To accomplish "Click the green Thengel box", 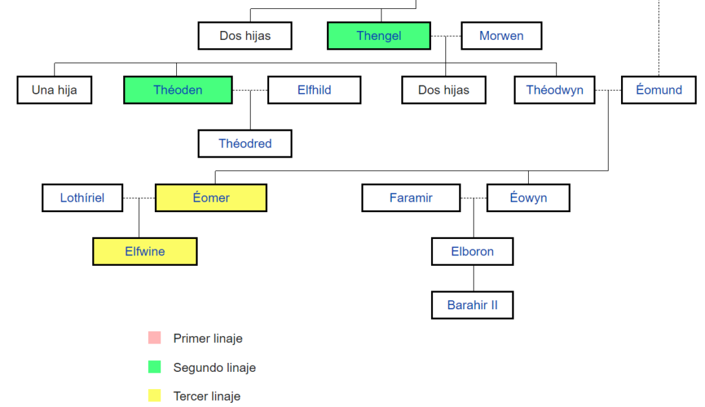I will tap(379, 36).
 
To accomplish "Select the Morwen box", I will tap(501, 36).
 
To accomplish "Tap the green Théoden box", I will tap(178, 90).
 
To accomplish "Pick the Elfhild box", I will tap(314, 90).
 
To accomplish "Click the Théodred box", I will tap(245, 143).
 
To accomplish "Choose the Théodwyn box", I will tap(554, 90).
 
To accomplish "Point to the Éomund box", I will tap(658, 90).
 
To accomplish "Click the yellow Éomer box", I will tap(211, 198).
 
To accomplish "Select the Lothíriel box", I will tap(83, 198).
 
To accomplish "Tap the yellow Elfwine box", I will tap(145, 251).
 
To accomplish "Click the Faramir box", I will tap(411, 198).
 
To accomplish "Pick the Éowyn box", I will tap(528, 198).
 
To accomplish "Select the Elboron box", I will tap(472, 251).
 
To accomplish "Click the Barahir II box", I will tap(472, 305).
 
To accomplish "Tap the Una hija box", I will tap(54, 90).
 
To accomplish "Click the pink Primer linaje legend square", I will tap(154, 337).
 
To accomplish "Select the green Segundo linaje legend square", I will tap(154, 367).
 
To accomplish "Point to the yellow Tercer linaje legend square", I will tap(154, 395).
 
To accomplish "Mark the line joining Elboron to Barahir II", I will tap(473, 278).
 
